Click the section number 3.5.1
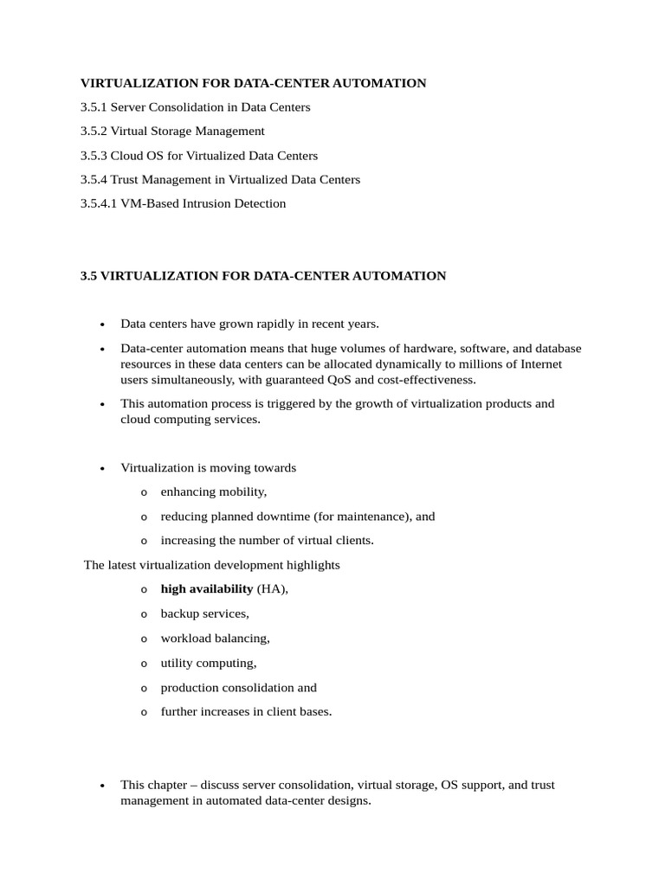point(94,107)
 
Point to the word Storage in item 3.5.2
point(171,132)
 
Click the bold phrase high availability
point(206,589)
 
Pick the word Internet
point(539,364)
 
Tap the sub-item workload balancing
point(215,639)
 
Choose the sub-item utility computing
point(209,664)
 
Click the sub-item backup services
point(204,613)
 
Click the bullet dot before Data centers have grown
point(102,325)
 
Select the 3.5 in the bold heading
point(89,276)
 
